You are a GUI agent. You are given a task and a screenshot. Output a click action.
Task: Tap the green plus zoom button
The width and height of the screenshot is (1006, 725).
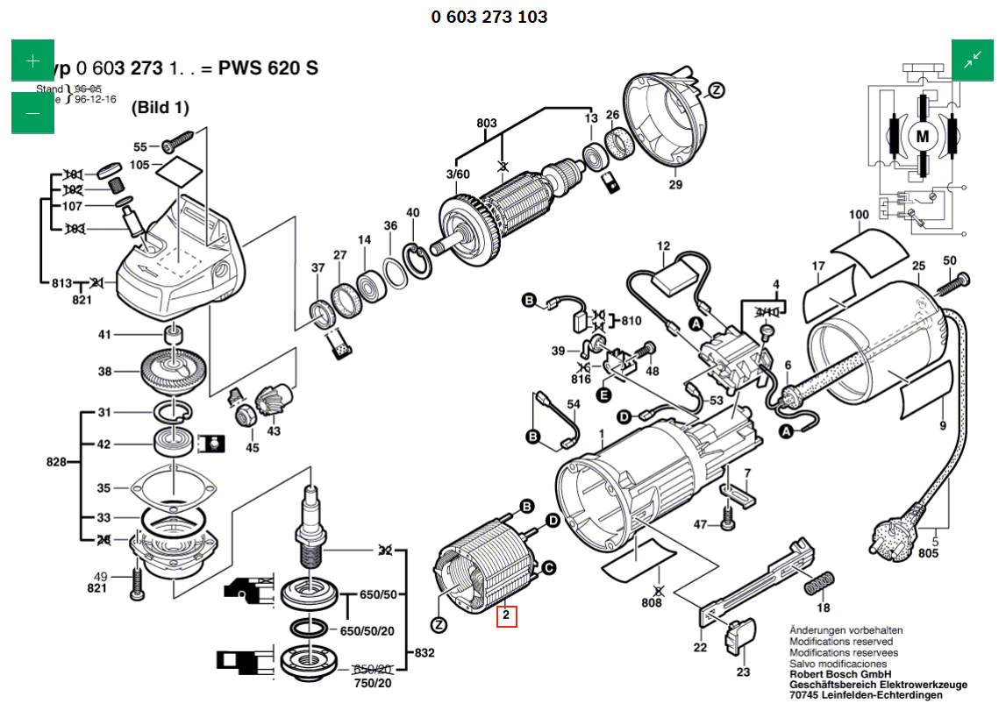(x=32, y=60)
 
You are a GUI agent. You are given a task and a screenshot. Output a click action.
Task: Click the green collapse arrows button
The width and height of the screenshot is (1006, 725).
(x=973, y=60)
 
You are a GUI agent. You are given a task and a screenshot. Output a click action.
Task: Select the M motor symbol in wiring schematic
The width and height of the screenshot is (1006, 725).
(x=922, y=136)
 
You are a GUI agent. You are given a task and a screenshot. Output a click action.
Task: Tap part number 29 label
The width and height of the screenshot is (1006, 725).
(x=674, y=184)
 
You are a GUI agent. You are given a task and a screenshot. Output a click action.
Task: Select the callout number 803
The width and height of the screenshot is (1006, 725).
(x=487, y=123)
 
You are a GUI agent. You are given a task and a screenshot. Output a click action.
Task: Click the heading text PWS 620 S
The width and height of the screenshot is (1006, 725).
(x=268, y=68)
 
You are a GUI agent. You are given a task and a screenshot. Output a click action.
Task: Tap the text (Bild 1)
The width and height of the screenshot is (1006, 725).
(x=160, y=109)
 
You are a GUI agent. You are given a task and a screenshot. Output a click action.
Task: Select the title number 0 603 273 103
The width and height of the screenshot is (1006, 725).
(x=489, y=17)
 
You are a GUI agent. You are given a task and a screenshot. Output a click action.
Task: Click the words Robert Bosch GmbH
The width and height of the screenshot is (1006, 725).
(x=840, y=674)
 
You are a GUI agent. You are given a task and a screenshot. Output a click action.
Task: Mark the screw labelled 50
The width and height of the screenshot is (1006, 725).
(x=953, y=282)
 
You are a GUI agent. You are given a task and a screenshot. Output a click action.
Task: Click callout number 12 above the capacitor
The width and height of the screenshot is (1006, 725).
(x=663, y=246)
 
